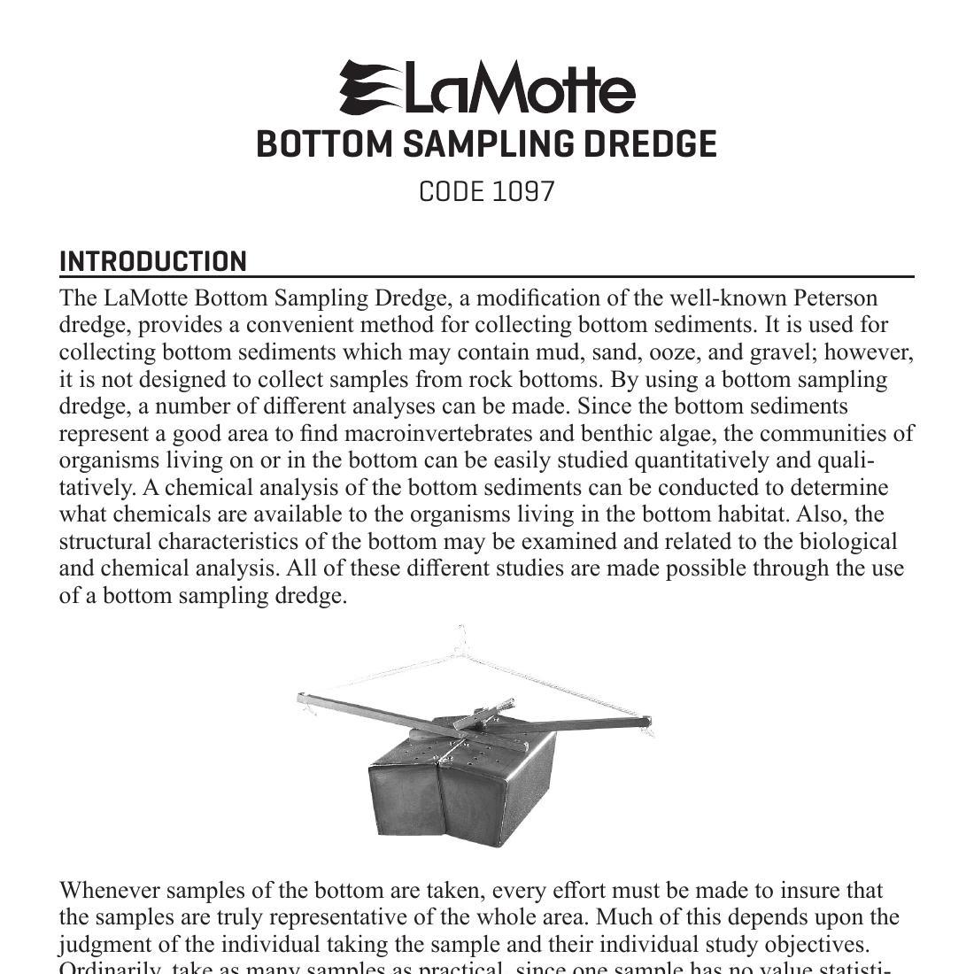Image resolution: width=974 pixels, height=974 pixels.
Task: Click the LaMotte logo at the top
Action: pyautogui.click(x=487, y=88)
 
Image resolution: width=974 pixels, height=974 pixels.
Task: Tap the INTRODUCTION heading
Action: pyautogui.click(x=153, y=262)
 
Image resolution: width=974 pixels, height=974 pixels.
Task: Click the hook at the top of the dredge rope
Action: pyautogui.click(x=460, y=636)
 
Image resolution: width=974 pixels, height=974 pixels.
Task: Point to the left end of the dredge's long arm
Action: pyautogui.click(x=305, y=700)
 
